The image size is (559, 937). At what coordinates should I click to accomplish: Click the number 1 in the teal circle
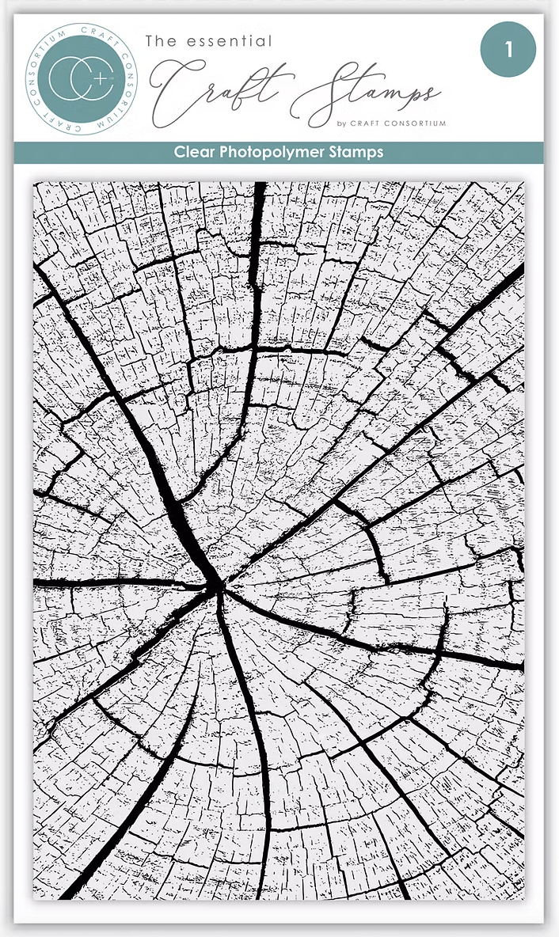point(508,50)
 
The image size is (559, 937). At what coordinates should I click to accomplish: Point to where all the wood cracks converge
point(216,586)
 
